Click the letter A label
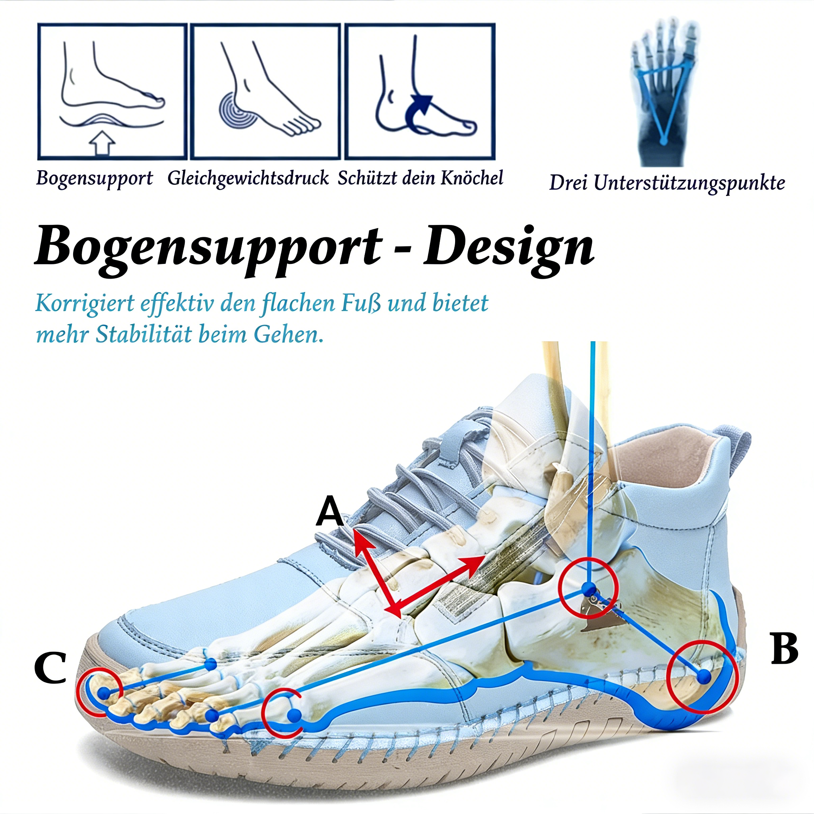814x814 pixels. (330, 512)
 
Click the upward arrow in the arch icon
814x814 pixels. (103, 143)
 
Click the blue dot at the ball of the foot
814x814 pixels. (295, 715)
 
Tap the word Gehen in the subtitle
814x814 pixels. (289, 335)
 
